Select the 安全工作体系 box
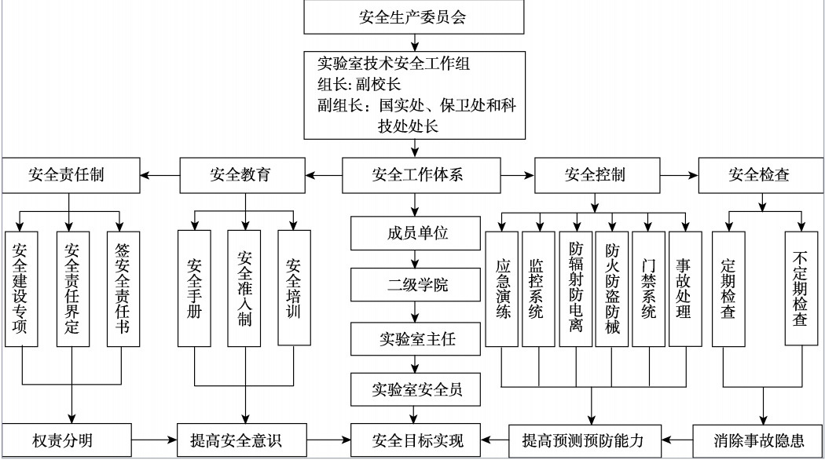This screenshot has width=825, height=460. (417, 175)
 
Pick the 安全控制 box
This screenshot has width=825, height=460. (595, 175)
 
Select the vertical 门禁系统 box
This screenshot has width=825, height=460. (649, 289)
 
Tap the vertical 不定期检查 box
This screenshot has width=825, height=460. (801, 289)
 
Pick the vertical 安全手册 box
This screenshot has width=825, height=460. (194, 289)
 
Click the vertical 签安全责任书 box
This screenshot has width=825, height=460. (123, 289)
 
